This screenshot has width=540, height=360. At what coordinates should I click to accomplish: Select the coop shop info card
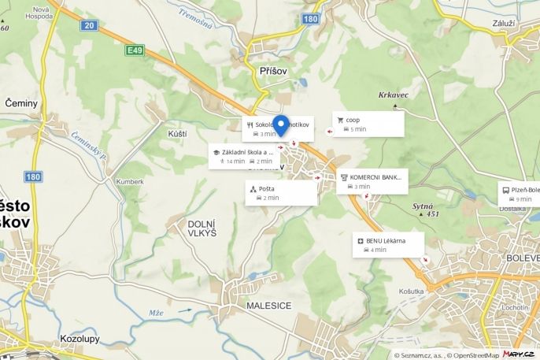click(x=368, y=124)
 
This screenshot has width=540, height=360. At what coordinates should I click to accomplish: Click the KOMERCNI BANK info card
click(x=372, y=181)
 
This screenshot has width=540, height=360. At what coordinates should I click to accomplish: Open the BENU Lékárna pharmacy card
click(x=388, y=244)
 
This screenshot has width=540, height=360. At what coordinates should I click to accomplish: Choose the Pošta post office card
click(x=281, y=192)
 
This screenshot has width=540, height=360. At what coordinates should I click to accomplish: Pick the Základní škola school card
click(x=243, y=156)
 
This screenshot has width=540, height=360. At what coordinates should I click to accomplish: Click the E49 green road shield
click(x=135, y=50)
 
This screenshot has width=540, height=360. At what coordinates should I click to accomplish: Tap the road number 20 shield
click(x=88, y=26)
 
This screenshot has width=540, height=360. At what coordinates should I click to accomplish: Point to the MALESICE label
click(x=268, y=306)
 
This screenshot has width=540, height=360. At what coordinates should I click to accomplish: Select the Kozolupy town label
click(x=80, y=339)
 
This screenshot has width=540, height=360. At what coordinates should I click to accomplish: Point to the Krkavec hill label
click(x=393, y=95)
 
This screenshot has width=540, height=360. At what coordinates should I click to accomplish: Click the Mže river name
click(x=156, y=313)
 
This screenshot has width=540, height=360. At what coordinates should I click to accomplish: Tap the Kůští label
click(x=177, y=134)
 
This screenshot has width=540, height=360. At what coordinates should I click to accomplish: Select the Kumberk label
click(x=130, y=181)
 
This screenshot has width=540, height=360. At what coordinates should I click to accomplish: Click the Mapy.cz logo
click(x=520, y=354)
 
